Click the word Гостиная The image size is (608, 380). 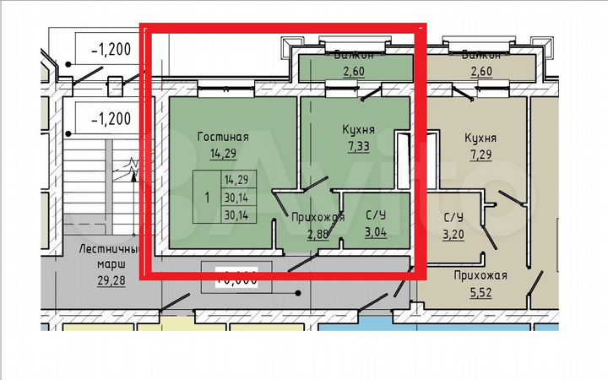click(x=223, y=137)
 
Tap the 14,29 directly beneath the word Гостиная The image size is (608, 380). click(x=223, y=154)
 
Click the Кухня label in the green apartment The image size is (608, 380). click(x=358, y=129)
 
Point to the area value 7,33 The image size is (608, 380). click(x=358, y=146)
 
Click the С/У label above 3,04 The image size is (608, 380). click(x=375, y=217)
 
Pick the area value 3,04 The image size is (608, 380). click(x=375, y=232)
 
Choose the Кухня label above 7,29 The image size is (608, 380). click(x=480, y=137)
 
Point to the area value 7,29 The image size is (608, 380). click(x=480, y=154)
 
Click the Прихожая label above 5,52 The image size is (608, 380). click(x=480, y=275)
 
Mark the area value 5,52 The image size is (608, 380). click(x=480, y=291)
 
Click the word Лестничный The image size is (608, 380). click(x=106, y=249)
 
